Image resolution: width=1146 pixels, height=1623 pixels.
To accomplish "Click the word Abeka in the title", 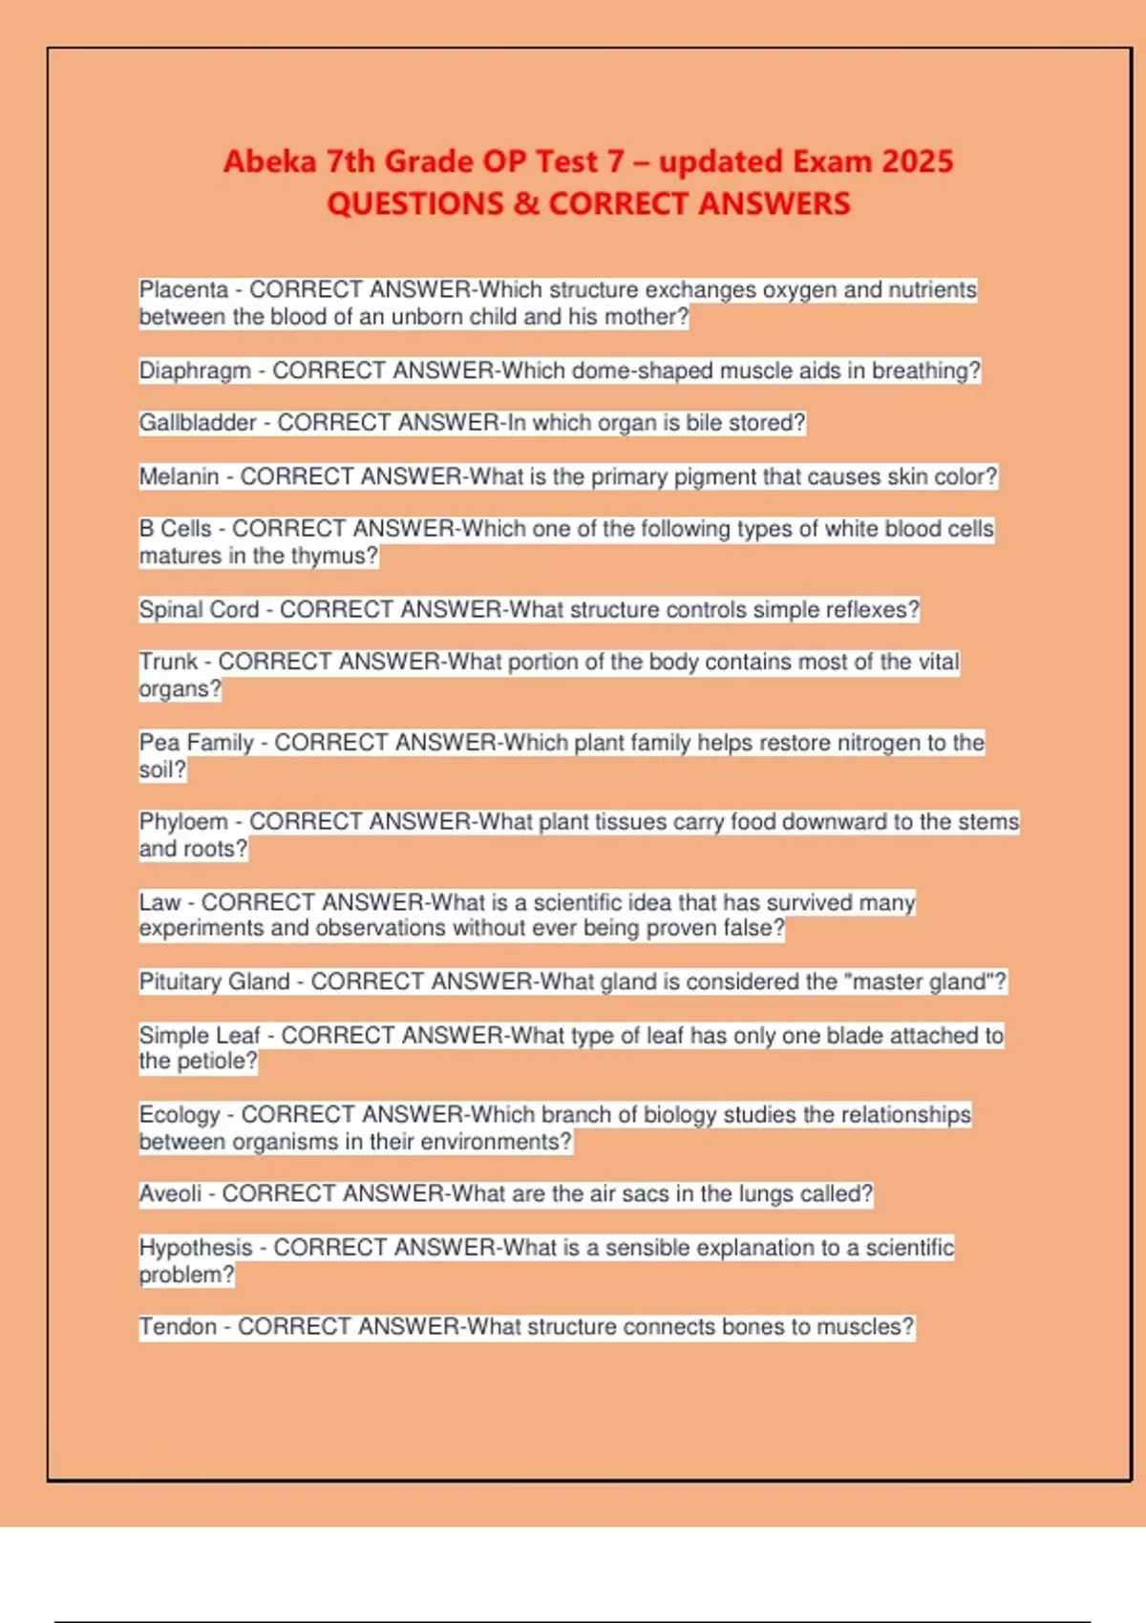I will pos(269,161).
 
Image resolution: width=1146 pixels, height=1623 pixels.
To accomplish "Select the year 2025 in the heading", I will pos(918,161).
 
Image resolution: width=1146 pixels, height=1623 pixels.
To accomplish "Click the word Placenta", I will pos(183,289).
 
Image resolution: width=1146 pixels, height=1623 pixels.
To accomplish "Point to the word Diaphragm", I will pos(195,370).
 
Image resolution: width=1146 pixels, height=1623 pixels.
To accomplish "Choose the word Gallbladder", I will pos(198,423).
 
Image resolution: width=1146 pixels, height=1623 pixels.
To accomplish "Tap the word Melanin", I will pos(179,476).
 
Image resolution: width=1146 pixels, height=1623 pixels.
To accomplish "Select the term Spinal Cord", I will pos(199,609).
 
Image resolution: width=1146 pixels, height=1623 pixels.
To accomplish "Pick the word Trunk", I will pos(168,662).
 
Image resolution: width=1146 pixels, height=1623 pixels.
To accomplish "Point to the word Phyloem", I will pos(183,822).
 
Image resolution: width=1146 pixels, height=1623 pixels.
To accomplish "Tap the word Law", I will pos(159,902).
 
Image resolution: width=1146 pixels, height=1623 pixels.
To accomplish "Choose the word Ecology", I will pos(180,1114).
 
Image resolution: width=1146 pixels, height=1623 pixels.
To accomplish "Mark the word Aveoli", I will pos(170,1193).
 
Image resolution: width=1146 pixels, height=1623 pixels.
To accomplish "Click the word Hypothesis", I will pos(196,1247).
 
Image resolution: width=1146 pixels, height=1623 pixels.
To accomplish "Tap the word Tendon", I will pos(178,1326).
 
